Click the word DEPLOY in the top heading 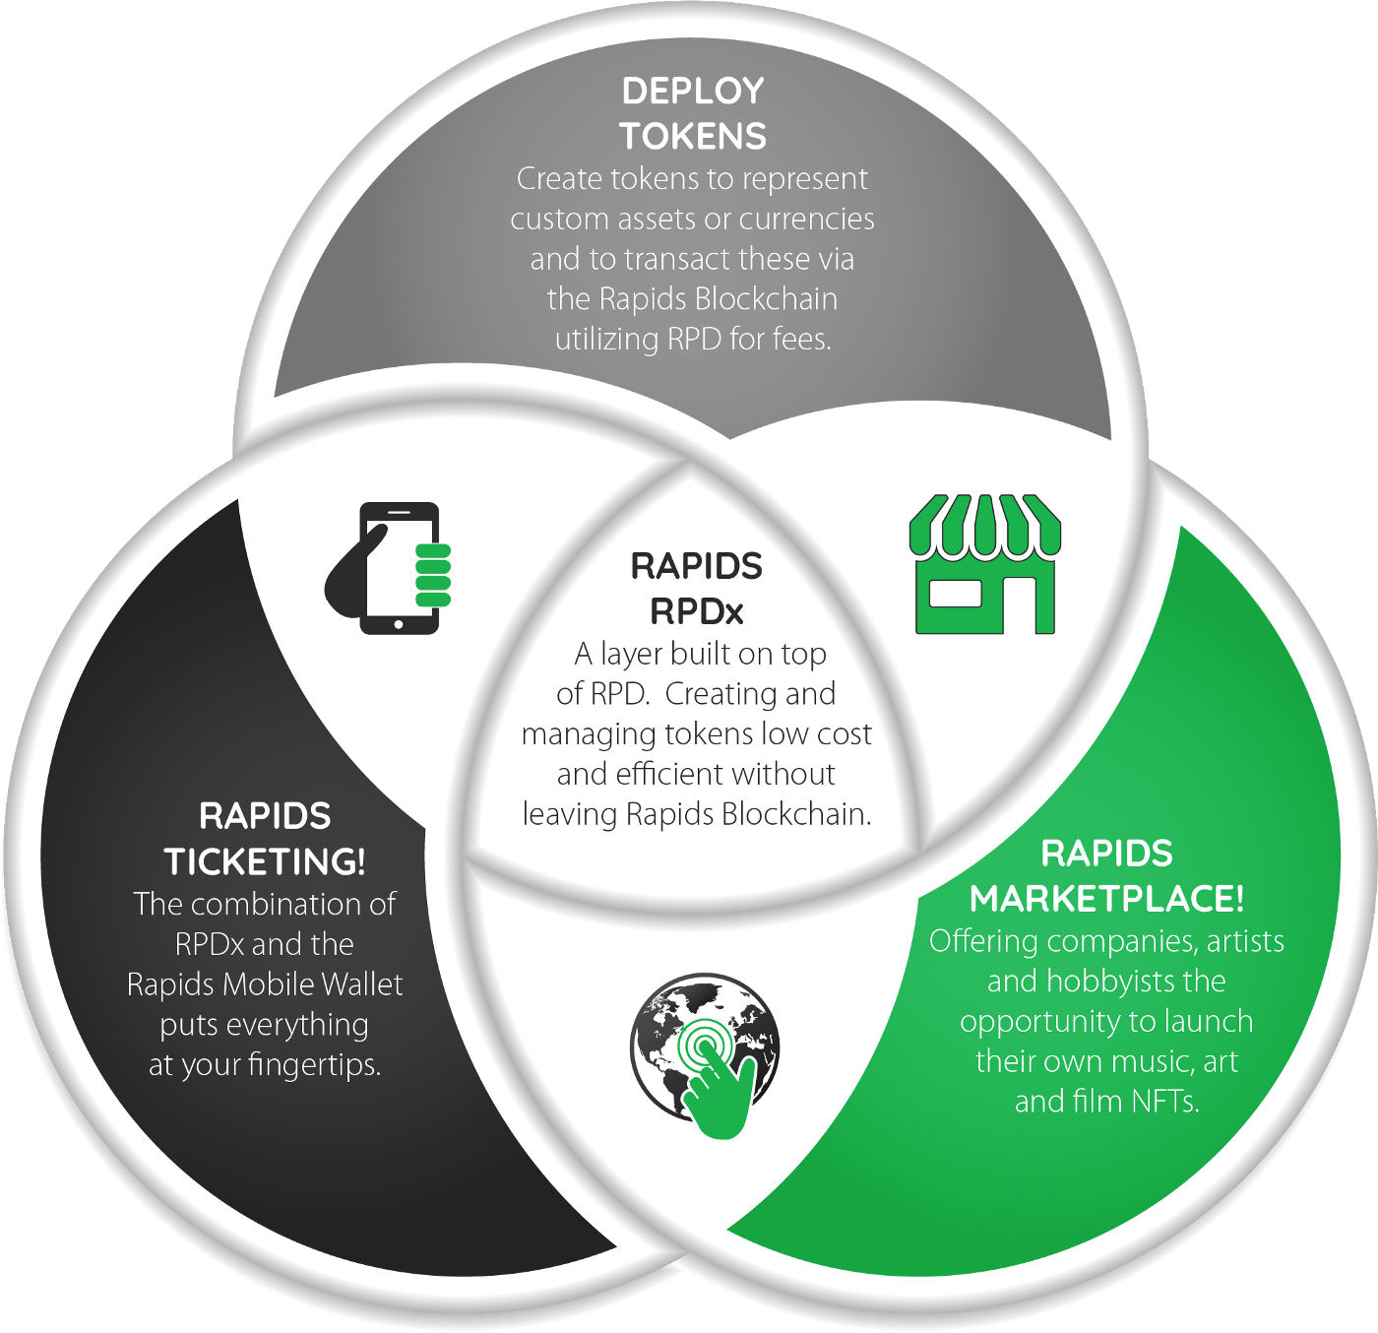tap(693, 91)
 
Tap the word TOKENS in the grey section tap(693, 136)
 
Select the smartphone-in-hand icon tap(388, 568)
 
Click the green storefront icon tap(985, 564)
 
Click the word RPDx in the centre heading tap(697, 612)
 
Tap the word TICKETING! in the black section tap(265, 861)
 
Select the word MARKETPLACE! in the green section tap(1106, 899)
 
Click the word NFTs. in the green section tap(1164, 1102)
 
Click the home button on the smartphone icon tap(399, 624)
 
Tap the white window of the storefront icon tap(955, 595)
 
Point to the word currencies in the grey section tap(806, 219)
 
